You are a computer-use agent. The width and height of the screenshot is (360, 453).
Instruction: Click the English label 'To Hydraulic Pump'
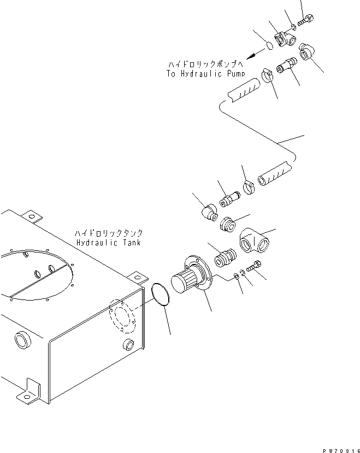[206, 73]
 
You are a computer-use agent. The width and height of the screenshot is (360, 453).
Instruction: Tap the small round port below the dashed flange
[129, 344]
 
